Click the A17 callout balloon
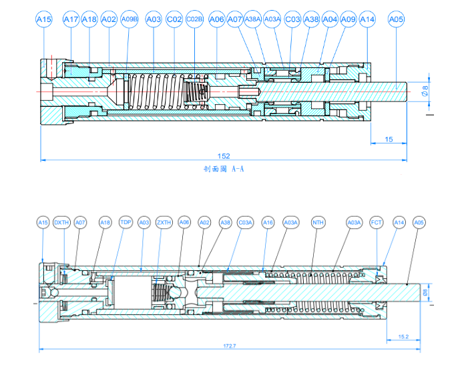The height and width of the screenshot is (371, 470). tap(71, 20)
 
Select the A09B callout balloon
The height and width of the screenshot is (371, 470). tap(130, 20)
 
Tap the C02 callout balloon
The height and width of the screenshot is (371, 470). tap(174, 20)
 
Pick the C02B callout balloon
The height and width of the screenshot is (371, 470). tap(194, 20)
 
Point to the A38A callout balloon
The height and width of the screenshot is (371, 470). tap(252, 20)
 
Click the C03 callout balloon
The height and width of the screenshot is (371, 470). tap(292, 20)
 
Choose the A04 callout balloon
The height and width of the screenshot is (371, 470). tap(330, 20)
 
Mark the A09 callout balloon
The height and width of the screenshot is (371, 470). tap(348, 20)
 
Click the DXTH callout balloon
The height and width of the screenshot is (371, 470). tap(61, 222)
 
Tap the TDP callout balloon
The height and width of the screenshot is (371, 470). tap(126, 222)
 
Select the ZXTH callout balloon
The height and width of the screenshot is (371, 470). tap(164, 222)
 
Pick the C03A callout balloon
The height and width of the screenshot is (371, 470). tap(245, 222)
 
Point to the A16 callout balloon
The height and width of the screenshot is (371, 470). tap(268, 222)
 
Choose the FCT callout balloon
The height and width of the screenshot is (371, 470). tap(377, 222)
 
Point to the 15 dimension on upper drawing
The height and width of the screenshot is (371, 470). tap(389, 139)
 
